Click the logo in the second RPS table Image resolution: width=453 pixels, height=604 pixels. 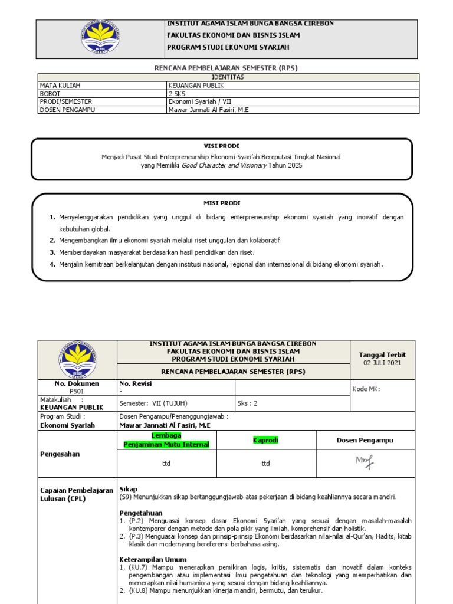(x=77, y=359)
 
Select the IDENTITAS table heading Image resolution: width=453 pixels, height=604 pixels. (x=227, y=77)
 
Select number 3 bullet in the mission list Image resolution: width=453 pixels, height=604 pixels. (x=52, y=252)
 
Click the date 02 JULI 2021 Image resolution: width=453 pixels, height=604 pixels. (x=382, y=363)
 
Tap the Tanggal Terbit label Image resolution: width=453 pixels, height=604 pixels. (x=382, y=354)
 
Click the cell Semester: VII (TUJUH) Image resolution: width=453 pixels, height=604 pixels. (x=153, y=403)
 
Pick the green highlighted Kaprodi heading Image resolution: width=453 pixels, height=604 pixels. (x=265, y=440)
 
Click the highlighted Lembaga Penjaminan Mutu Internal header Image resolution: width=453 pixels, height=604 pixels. (x=166, y=440)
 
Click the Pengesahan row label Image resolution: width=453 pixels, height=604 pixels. (x=60, y=454)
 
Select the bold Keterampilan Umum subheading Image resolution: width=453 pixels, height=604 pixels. (x=153, y=559)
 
